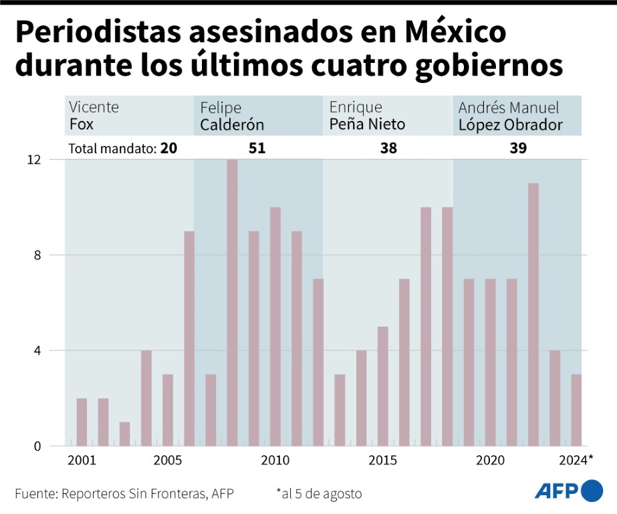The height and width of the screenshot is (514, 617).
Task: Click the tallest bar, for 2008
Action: (232, 303)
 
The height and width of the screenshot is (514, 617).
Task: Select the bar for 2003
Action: (124, 434)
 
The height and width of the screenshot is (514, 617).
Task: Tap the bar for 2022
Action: (533, 315)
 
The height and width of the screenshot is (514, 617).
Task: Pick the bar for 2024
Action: (576, 410)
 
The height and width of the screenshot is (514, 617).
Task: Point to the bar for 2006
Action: (189, 338)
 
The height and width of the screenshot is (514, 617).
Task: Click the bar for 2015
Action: (382, 386)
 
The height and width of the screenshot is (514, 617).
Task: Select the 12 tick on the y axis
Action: (34, 160)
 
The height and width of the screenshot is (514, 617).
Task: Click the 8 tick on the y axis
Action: (37, 255)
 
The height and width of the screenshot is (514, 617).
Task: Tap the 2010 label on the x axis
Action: (275, 461)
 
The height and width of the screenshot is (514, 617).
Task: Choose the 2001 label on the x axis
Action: (82, 461)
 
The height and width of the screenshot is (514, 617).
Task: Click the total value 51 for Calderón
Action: (257, 149)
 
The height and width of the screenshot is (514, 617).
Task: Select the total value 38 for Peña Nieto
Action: (388, 149)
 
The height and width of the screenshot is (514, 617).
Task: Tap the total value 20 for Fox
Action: (168, 149)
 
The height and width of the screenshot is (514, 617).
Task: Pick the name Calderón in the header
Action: (232, 125)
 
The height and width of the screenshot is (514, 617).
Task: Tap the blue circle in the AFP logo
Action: (592, 491)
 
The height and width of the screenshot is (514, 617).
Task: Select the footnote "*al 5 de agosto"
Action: (319, 494)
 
